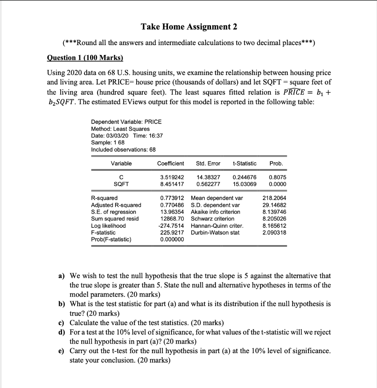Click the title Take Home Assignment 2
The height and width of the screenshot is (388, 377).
coord(188,27)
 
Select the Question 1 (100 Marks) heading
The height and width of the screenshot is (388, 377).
coord(85,58)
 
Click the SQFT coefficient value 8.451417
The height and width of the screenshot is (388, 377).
coord(170,184)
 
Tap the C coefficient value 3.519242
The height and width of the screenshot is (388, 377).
coord(170,177)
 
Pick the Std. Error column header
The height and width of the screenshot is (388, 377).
coord(208,163)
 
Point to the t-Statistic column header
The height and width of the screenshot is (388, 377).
coord(244,163)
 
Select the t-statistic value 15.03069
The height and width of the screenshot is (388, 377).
coord(245,184)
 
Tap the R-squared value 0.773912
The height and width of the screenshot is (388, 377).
coord(172,198)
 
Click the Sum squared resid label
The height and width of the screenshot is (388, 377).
coord(115,219)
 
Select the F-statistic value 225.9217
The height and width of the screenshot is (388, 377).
coord(172,232)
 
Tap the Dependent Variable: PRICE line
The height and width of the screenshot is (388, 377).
coord(126,122)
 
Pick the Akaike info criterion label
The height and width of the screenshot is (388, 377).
coord(215,212)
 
